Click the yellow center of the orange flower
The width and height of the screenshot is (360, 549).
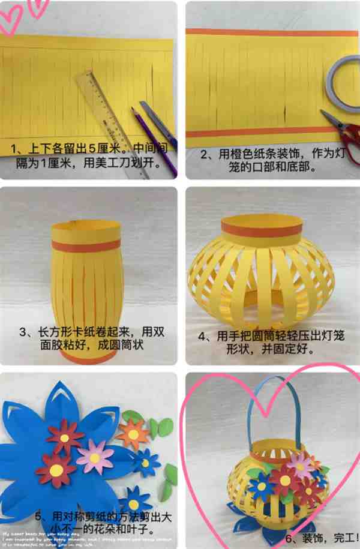point(133,434)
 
